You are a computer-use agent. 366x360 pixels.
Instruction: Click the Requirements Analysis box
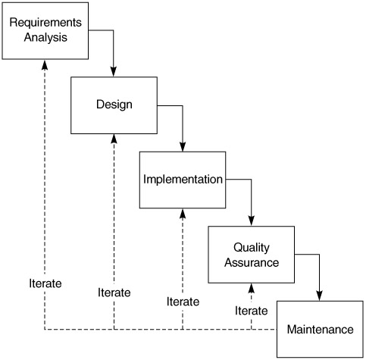click(45, 31)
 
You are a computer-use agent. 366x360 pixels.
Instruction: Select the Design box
click(114, 105)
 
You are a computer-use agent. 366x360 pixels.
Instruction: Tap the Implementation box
click(183, 180)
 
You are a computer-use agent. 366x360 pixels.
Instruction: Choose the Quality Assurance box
click(252, 255)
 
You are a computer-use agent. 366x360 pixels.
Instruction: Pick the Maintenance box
click(320, 329)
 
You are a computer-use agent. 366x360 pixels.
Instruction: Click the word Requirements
click(45, 23)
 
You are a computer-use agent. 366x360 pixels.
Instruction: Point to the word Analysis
click(45, 37)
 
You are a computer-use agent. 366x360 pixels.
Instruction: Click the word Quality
click(252, 248)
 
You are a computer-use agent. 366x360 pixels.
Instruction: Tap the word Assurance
click(252, 262)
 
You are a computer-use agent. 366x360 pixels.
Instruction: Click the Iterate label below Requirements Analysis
click(45, 283)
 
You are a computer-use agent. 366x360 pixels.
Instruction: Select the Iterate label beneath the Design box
click(114, 293)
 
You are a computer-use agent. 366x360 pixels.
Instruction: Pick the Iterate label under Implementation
click(183, 302)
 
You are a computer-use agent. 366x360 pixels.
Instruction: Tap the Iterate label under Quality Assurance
click(252, 311)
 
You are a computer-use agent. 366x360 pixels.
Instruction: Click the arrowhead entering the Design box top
click(114, 72)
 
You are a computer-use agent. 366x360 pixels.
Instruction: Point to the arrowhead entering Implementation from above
click(183, 146)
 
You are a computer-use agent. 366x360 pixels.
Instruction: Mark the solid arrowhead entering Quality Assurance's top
click(252, 221)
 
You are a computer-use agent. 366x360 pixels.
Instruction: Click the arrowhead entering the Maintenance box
click(320, 296)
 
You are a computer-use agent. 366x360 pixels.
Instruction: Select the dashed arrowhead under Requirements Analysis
click(45, 64)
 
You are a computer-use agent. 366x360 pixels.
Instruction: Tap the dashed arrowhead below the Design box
click(114, 139)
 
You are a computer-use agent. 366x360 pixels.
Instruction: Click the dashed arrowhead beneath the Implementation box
click(183, 214)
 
